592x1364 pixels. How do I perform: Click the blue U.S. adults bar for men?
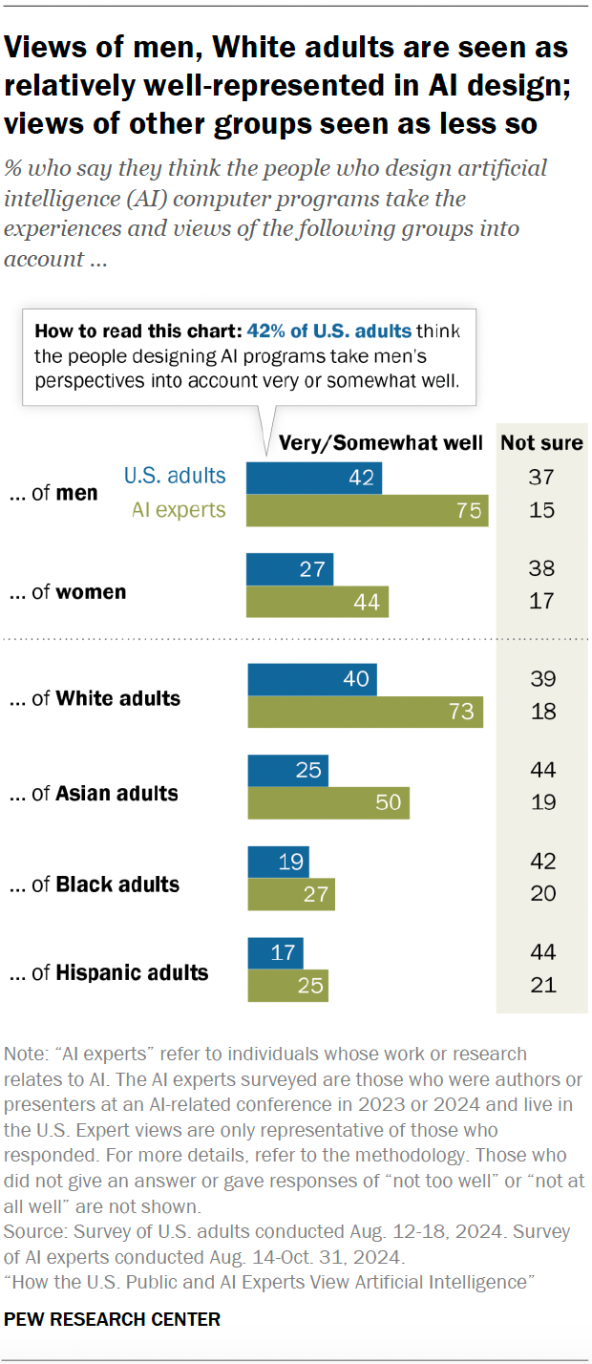pyautogui.click(x=314, y=477)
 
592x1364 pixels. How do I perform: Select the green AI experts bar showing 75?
pyautogui.click(x=368, y=510)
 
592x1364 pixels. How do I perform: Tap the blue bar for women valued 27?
pyautogui.click(x=290, y=570)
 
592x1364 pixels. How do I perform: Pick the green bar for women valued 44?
pyautogui.click(x=318, y=603)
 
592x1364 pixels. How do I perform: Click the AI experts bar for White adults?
pyautogui.click(x=365, y=713)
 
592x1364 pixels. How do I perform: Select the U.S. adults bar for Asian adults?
pyautogui.click(x=287, y=770)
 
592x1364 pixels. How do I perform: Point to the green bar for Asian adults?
pyautogui.click(x=328, y=803)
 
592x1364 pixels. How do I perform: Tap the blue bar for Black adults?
pyautogui.click(x=275, y=862)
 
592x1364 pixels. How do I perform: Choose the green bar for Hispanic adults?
pyautogui.click(x=287, y=986)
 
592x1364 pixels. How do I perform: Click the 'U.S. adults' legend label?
pyautogui.click(x=175, y=476)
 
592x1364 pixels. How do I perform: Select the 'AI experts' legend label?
pyautogui.click(x=179, y=510)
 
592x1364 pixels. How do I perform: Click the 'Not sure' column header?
pyautogui.click(x=541, y=442)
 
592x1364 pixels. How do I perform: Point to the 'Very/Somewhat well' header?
pyautogui.click(x=382, y=442)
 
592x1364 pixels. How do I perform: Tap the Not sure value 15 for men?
pyautogui.click(x=542, y=510)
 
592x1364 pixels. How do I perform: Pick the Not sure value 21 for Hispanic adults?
pyautogui.click(x=542, y=986)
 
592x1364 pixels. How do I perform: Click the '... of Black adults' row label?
pyautogui.click(x=95, y=884)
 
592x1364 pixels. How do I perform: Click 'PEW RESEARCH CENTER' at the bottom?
pyautogui.click(x=113, y=1320)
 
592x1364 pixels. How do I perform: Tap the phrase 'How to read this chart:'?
pyautogui.click(x=138, y=331)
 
